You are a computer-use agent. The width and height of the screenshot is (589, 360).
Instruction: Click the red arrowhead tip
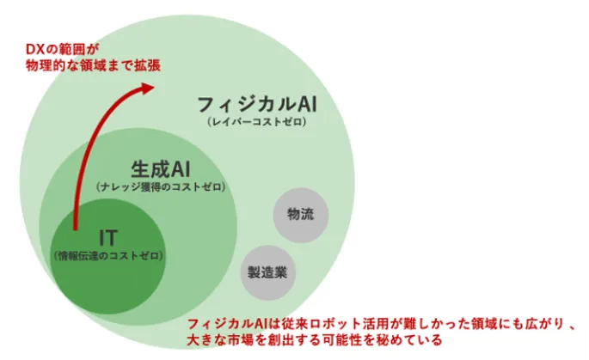point(155,87)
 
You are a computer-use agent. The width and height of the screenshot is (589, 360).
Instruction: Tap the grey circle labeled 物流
point(300,215)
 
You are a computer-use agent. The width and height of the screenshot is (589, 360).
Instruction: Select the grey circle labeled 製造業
point(267,273)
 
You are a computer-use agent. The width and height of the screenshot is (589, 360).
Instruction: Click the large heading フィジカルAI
point(257,104)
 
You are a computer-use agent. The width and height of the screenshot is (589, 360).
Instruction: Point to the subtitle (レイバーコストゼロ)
point(257,122)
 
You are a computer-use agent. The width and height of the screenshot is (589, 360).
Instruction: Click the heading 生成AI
point(161,169)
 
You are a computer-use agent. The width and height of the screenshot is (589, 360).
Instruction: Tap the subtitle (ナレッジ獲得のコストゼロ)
point(161,187)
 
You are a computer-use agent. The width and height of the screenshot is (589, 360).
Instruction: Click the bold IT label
point(108,237)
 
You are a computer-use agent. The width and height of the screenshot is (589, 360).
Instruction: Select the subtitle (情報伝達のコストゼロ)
point(108,256)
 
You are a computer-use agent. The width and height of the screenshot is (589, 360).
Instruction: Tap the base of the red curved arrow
point(75,229)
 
